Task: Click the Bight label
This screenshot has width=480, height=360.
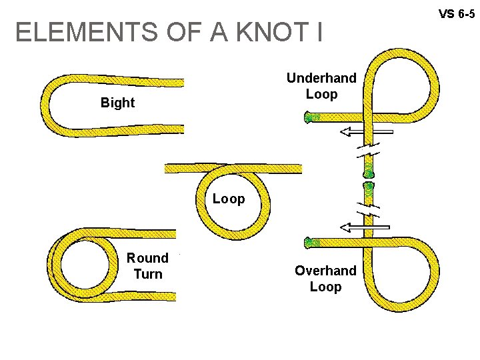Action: [x=117, y=103]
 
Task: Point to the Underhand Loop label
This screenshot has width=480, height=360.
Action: [x=321, y=86]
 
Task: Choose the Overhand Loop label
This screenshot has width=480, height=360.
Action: [x=325, y=279]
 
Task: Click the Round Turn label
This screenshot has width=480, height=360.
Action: [x=147, y=265]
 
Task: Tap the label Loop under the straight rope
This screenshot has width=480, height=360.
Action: [x=229, y=199]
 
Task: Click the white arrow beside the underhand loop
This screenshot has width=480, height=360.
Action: [x=365, y=131]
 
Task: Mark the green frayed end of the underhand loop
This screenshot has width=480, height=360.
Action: [x=310, y=119]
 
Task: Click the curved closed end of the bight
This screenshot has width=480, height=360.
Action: [x=46, y=103]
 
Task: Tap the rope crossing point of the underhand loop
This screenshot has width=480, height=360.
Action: [x=371, y=118]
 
